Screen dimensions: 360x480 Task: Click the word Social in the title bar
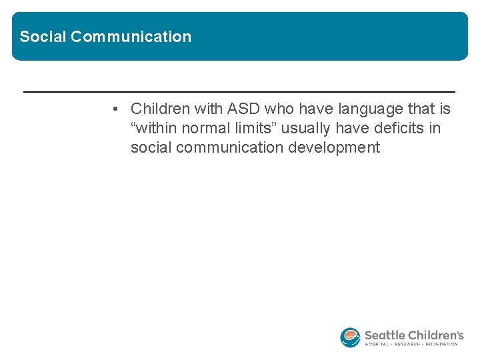point(43,37)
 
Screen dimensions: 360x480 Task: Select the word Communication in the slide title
point(131,37)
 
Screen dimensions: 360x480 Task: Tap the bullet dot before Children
point(116,109)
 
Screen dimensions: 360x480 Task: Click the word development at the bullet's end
point(334,147)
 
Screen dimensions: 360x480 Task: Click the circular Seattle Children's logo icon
point(350,337)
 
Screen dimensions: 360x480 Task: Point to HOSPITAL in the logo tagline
point(377,345)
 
